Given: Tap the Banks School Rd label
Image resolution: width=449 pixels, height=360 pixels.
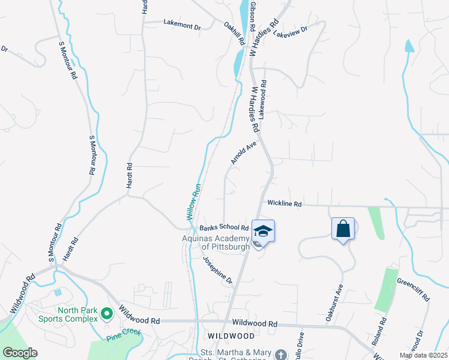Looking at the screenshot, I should (224, 228).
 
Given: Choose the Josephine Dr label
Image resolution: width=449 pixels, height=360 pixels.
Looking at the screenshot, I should (217, 270).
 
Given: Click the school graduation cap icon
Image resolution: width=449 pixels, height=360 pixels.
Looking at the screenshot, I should (263, 231).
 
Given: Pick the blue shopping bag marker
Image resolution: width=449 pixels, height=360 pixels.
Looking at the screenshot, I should (343, 229).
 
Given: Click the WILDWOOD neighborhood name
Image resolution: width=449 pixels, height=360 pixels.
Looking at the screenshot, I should (228, 336).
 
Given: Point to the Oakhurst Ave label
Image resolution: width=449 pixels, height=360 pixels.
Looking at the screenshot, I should (334, 304).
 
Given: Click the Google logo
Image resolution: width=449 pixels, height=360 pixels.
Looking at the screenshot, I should (20, 353).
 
